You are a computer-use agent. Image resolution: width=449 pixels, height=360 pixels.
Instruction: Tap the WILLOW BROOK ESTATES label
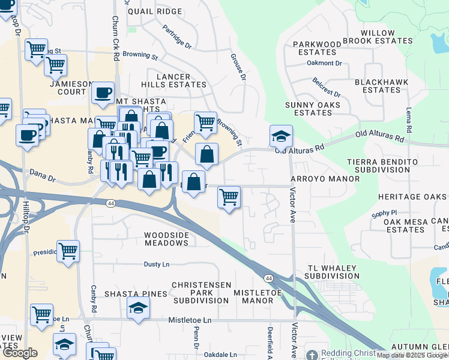coord(387,37)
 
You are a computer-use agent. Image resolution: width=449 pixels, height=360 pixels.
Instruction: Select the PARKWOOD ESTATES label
coord(316,48)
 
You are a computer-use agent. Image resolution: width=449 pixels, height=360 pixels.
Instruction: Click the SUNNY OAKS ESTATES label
coord(313,109)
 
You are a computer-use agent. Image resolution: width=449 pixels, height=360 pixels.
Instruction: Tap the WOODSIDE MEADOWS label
coord(166,239)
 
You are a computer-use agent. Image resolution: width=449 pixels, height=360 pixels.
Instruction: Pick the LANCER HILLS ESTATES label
coord(173,81)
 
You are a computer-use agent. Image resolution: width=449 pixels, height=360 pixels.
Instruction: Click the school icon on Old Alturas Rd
coord(280,136)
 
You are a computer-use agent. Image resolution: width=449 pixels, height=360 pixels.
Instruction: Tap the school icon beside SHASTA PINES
coord(139,308)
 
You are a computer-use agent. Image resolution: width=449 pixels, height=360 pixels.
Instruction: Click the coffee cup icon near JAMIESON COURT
coord(103,93)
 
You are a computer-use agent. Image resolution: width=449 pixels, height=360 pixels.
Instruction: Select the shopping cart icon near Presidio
coord(68,250)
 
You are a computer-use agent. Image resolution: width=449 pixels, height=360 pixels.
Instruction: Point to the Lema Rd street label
coord(409,121)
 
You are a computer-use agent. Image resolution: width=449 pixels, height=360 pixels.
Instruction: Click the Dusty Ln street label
coord(157,264)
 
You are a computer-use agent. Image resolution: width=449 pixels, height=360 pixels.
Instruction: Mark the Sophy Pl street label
coord(384,213)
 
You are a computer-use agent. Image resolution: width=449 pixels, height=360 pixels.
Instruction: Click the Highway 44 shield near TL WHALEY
coord(268,278)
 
